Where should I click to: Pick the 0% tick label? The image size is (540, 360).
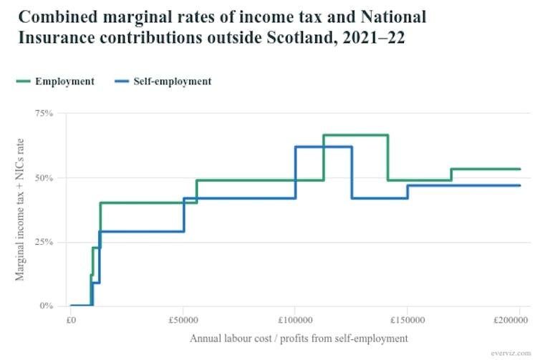[x=47, y=306]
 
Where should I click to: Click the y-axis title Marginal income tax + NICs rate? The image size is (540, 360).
[x=19, y=210]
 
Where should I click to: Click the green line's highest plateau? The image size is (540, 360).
[x=355, y=135]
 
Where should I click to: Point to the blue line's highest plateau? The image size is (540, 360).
[x=323, y=147]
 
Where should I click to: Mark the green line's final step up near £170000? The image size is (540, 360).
[x=451, y=175]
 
